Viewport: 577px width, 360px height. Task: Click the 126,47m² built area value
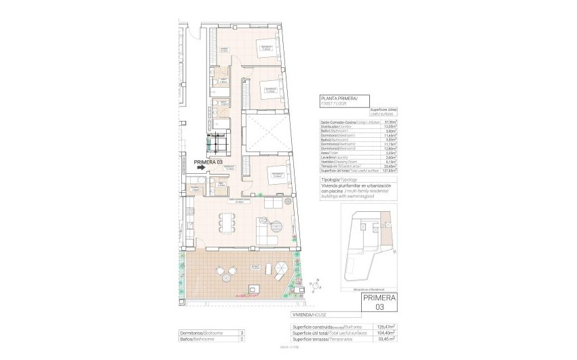point(386,327)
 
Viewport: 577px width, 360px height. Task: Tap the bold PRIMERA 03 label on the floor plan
point(208,162)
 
